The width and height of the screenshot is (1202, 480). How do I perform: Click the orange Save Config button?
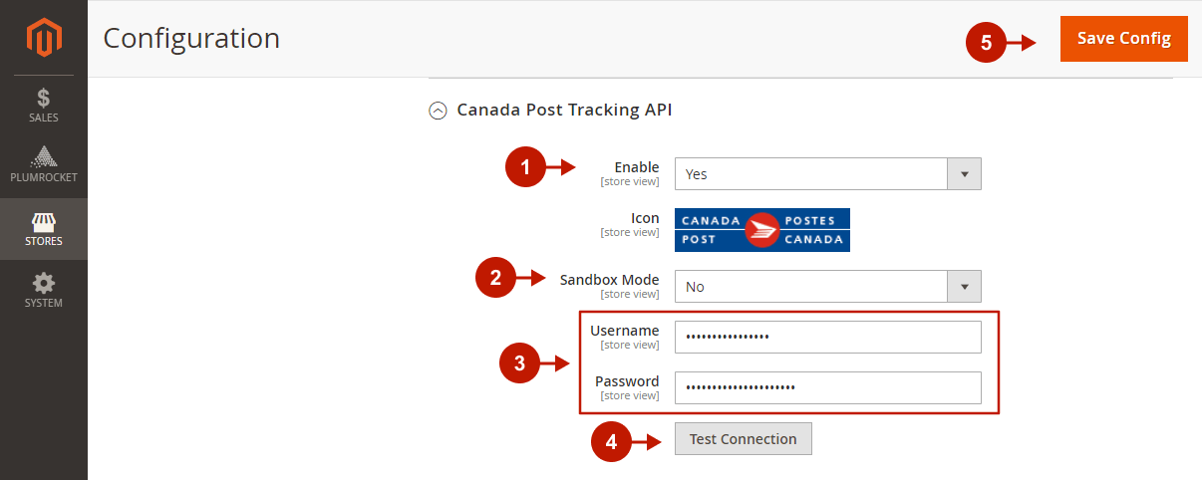coord(1123,39)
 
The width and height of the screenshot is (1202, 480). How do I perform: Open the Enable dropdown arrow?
coord(964,173)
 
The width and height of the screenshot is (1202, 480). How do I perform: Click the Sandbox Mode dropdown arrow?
coord(964,287)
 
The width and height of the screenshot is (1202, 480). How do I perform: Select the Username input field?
coord(828,337)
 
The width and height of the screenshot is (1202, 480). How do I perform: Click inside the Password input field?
coord(828,387)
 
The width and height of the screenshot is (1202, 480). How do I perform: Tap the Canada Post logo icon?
coord(762,230)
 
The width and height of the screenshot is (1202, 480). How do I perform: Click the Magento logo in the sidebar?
coord(44,37)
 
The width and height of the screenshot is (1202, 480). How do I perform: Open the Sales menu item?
coord(44,106)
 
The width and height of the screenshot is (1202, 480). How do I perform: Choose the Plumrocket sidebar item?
coord(44,164)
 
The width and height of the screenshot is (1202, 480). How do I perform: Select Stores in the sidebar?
coord(44,229)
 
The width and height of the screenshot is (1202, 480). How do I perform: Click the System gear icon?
coord(44,283)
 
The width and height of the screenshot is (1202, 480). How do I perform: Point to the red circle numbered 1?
coord(525,166)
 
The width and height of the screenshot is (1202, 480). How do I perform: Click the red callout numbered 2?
coord(495,277)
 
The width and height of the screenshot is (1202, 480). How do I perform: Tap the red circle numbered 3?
coord(519,363)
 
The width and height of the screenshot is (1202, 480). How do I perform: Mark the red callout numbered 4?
coord(611,442)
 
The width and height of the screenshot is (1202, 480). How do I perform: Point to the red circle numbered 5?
coord(986,43)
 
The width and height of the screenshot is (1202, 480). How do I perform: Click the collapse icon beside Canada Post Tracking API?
coord(438,111)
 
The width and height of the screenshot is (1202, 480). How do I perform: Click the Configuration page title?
coord(191,39)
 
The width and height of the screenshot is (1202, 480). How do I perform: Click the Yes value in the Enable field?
coord(696,174)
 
